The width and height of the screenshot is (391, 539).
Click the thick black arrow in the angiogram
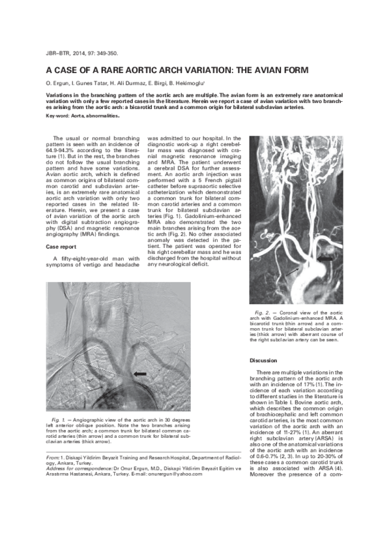(x=139, y=373)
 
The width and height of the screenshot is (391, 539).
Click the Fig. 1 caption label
(x=58, y=418)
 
